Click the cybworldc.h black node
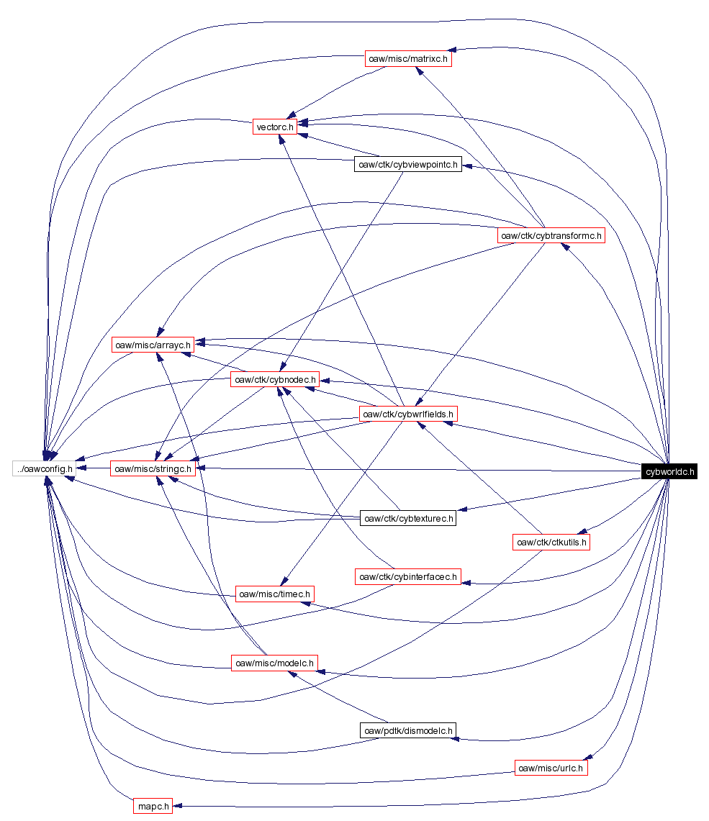(x=669, y=471)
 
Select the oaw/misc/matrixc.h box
(x=408, y=59)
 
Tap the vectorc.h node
(x=274, y=127)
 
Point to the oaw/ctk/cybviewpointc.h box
(x=407, y=164)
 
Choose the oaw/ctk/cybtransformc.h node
(x=551, y=235)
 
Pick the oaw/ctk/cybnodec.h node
(x=275, y=379)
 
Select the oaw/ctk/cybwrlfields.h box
(x=408, y=414)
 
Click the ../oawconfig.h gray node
(x=44, y=468)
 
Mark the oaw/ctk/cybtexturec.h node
(x=408, y=517)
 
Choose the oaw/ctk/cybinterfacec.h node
(x=408, y=576)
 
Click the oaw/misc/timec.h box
(x=275, y=594)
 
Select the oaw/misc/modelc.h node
(x=274, y=663)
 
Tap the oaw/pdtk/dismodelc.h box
(x=408, y=731)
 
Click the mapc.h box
(x=153, y=806)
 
